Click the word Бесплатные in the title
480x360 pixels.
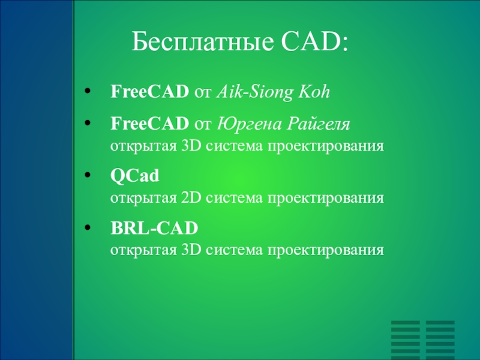click(x=202, y=41)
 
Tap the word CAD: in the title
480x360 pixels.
click(x=314, y=41)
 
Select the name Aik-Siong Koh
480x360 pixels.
click(x=274, y=92)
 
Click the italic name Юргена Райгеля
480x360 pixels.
click(x=283, y=124)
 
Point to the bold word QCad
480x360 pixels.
click(x=134, y=176)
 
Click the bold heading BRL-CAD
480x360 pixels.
click(x=154, y=228)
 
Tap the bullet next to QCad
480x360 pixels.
click(x=88, y=175)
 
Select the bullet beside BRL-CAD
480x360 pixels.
click(x=88, y=227)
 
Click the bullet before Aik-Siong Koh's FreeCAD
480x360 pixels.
click(x=88, y=91)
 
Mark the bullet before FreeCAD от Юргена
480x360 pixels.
click(x=88, y=123)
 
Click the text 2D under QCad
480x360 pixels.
click(x=191, y=198)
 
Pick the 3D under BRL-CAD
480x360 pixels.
click(x=191, y=250)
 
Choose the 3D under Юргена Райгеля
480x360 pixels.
click(x=191, y=146)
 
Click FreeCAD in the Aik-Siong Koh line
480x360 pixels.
click(x=149, y=92)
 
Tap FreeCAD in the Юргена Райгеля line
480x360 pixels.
click(x=149, y=124)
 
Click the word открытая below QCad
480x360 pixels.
click(x=143, y=199)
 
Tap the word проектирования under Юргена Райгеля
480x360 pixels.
click(x=326, y=146)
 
